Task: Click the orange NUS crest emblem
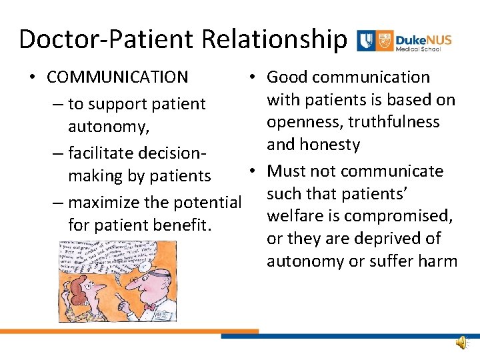[384, 40]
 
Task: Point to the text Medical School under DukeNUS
[423, 49]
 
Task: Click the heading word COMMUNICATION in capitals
[117, 77]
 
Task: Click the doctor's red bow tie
[151, 306]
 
